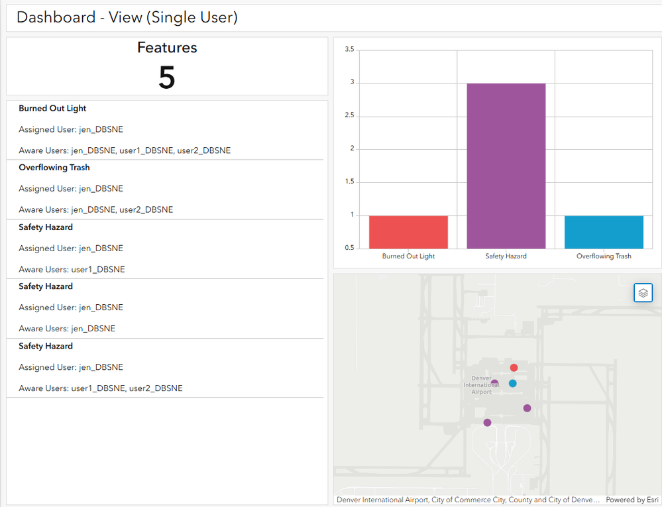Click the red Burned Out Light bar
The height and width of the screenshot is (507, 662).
[408, 232]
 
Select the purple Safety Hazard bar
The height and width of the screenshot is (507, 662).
[506, 166]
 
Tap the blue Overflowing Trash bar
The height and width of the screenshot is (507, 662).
[604, 232]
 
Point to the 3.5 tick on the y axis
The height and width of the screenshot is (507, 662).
[349, 50]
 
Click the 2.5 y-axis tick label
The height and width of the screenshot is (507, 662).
[349, 116]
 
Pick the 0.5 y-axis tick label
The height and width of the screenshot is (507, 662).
[349, 248]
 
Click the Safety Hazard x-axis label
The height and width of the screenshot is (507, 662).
[506, 256]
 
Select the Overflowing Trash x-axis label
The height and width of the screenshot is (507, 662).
[604, 256]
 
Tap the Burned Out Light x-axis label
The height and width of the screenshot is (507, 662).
[408, 256]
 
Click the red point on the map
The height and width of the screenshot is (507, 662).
[514, 368]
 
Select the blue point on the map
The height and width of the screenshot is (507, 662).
[512, 383]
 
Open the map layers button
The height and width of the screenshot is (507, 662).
[643, 292]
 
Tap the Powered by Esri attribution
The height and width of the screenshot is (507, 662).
[632, 500]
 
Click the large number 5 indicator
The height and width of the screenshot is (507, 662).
[167, 78]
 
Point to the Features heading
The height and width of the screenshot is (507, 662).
[167, 48]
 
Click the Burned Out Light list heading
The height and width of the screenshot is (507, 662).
[52, 108]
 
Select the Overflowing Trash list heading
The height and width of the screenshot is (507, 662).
[54, 168]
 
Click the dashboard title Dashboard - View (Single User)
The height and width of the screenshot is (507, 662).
[127, 17]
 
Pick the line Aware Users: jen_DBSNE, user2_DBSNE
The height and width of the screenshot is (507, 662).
[96, 209]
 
